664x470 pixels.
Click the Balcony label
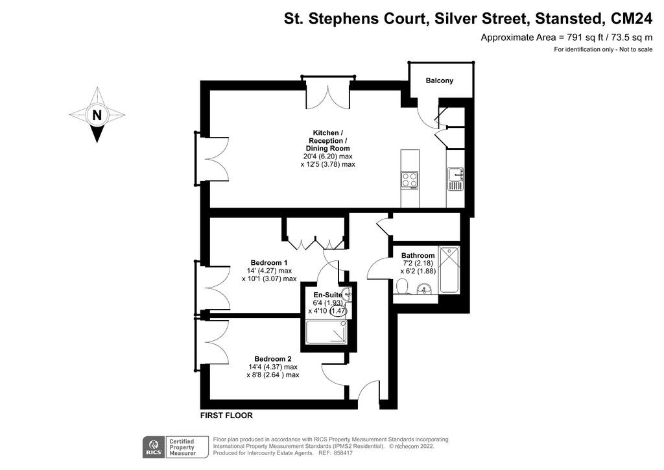point(439,80)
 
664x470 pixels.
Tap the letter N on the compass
point(97,116)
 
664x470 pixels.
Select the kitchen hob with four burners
point(409,179)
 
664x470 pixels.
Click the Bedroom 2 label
point(272,359)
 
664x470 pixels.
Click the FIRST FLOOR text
point(226,415)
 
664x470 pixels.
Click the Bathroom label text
point(418,255)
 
